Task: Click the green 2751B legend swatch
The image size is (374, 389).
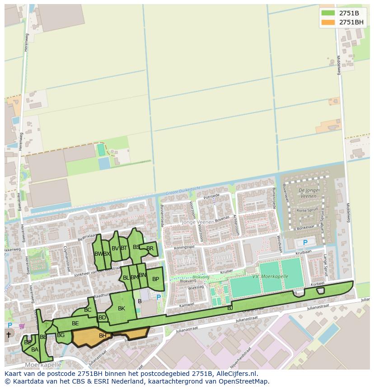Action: click(x=328, y=13)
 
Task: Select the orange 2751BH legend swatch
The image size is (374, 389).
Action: click(x=328, y=22)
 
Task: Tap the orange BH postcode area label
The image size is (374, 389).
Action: click(x=103, y=336)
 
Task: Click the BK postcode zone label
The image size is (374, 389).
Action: click(x=122, y=309)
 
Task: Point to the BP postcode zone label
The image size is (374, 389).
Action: click(x=155, y=279)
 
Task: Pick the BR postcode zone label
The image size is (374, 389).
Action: click(x=150, y=248)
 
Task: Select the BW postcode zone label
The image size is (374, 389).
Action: click(x=98, y=254)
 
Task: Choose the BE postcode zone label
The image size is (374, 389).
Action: click(x=75, y=323)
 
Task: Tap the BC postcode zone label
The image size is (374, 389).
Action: click(x=88, y=310)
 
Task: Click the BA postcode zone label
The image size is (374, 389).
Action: click(x=35, y=349)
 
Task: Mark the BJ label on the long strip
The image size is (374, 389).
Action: click(x=230, y=308)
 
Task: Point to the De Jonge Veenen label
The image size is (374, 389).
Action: click(x=308, y=193)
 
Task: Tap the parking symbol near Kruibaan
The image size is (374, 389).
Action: click(x=305, y=243)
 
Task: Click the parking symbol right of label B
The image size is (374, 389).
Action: click(x=158, y=297)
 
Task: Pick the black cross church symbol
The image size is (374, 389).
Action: click(x=8, y=335)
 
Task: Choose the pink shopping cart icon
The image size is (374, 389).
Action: click(x=21, y=325)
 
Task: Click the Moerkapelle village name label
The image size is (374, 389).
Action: click(x=43, y=365)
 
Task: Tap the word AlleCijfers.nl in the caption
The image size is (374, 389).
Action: click(x=237, y=374)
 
